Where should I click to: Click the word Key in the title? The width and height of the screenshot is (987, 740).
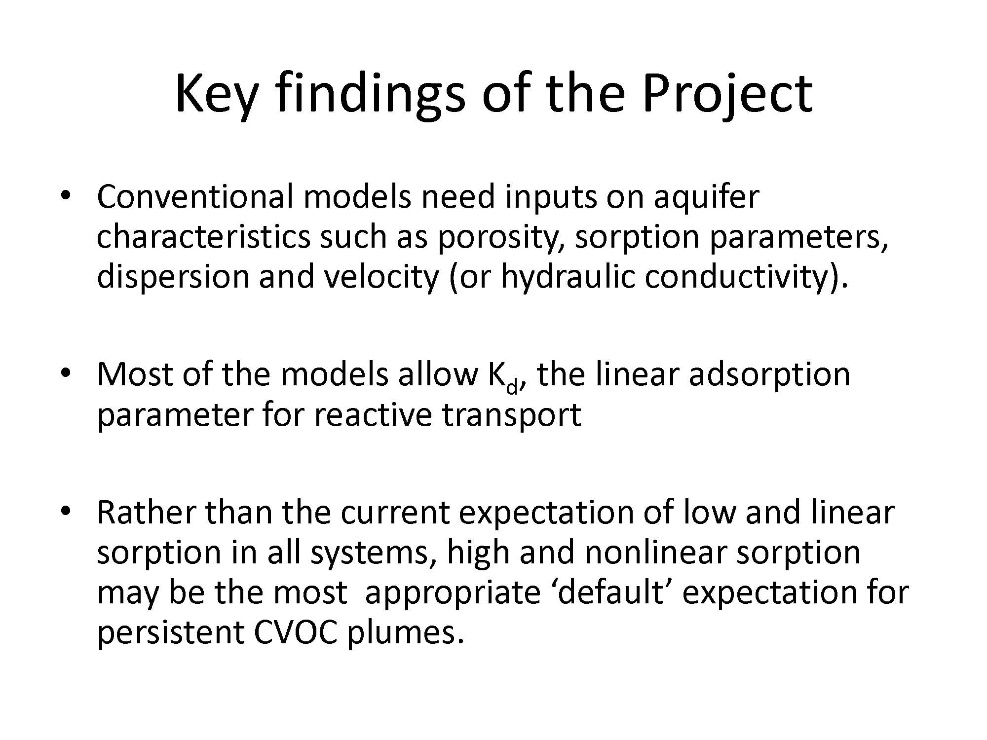point(216,94)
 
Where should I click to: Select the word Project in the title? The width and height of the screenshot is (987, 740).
point(727,94)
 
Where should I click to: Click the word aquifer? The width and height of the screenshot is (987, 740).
point(706,197)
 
